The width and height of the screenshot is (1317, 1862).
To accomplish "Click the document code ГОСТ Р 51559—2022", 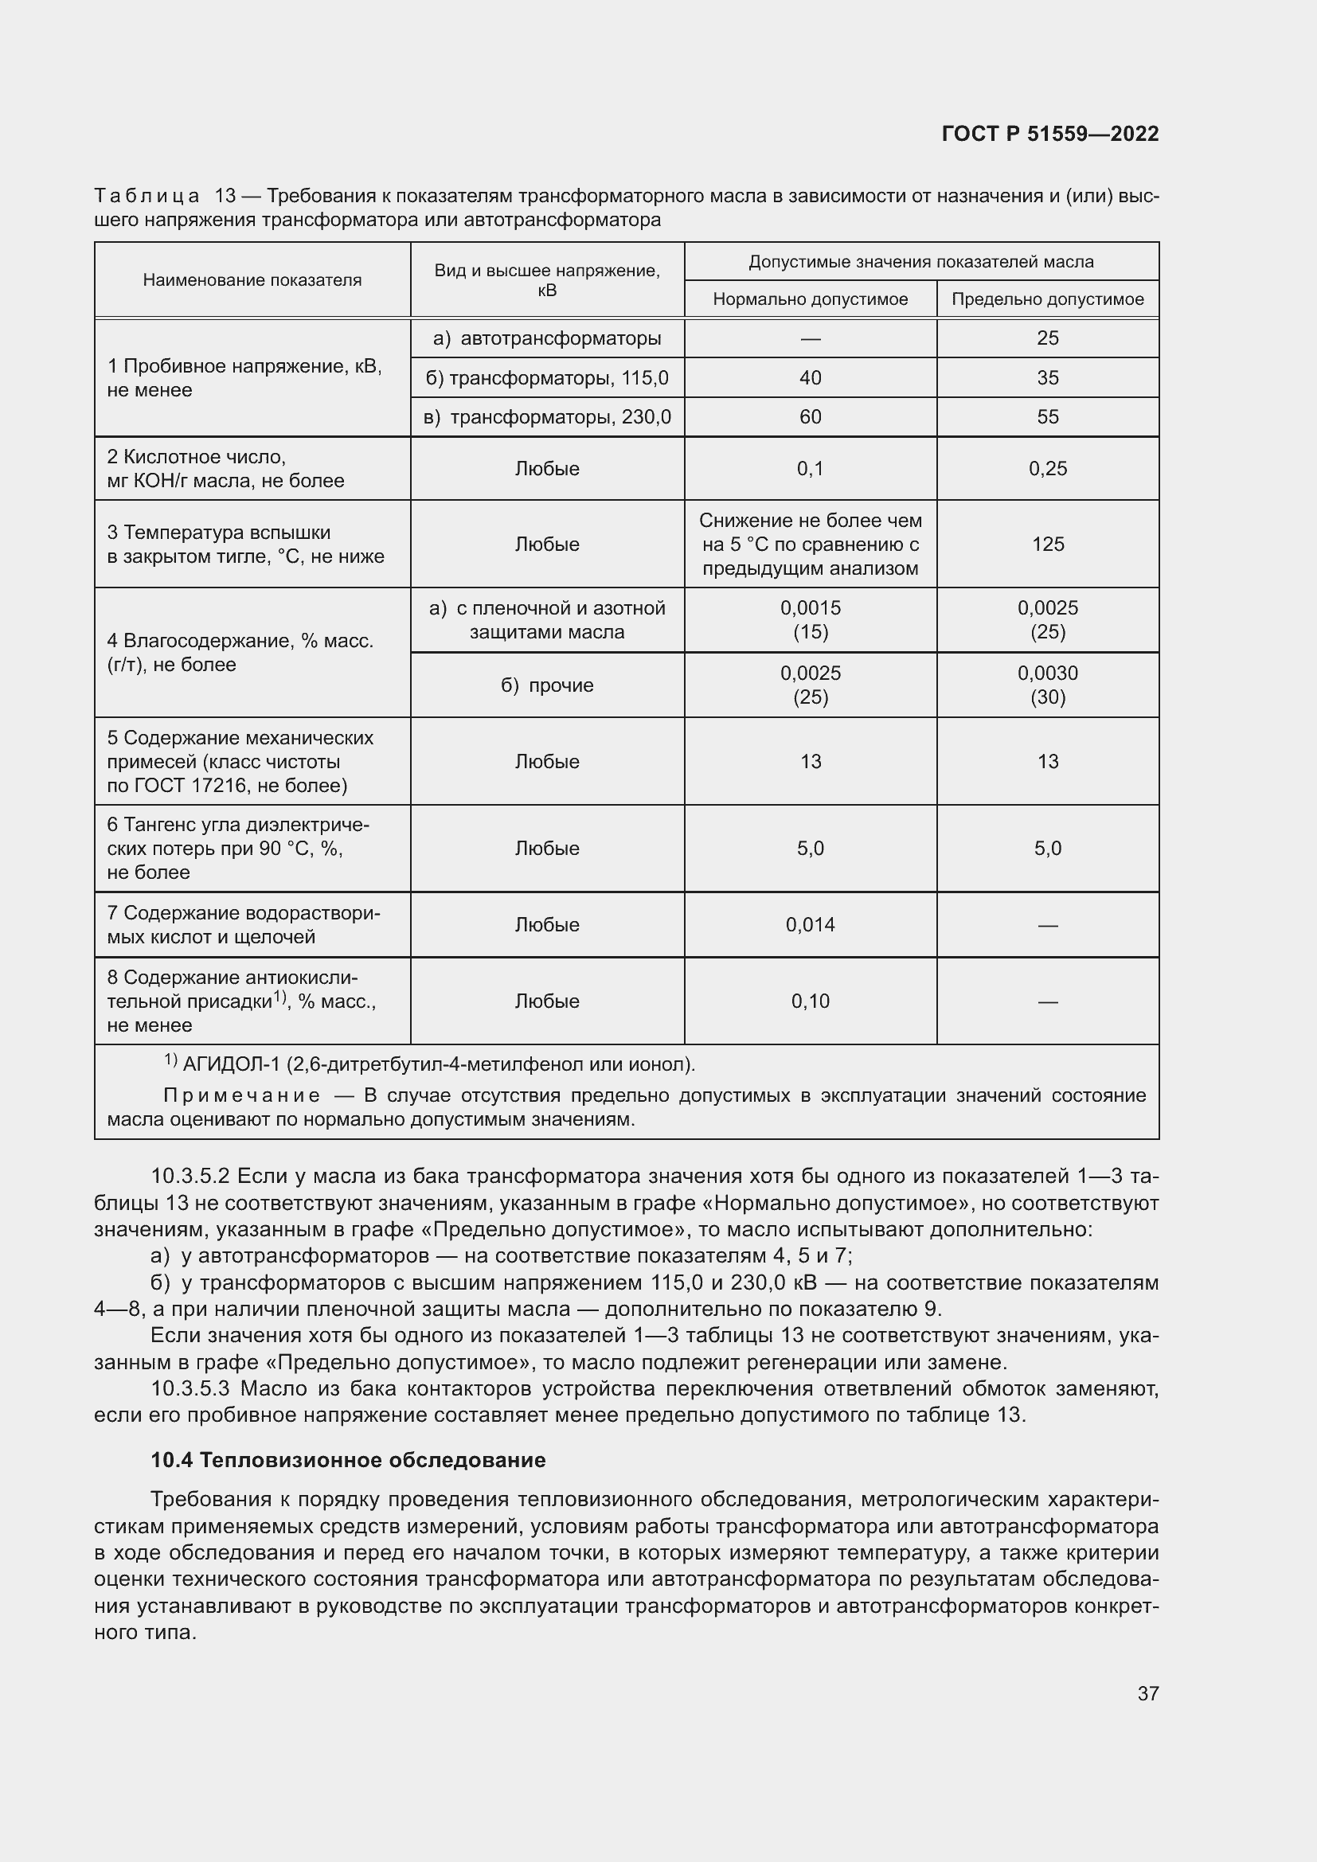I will point(1049,134).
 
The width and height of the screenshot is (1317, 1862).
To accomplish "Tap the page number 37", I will point(1147,1693).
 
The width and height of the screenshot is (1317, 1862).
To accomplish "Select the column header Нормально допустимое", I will point(809,299).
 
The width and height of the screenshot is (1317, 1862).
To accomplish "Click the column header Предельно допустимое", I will point(1047,299).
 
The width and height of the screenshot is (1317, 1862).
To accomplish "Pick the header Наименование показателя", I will point(252,279).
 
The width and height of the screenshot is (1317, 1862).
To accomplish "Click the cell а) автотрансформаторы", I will point(547,338).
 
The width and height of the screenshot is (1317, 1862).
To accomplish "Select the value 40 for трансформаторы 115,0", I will point(809,378).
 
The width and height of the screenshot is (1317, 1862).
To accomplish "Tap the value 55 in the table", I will point(1047,417).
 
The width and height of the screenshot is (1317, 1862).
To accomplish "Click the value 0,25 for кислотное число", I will point(1047,469).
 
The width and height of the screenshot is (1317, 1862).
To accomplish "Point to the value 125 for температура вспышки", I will point(1047,545).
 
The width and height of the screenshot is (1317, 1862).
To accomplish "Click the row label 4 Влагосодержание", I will point(240,653).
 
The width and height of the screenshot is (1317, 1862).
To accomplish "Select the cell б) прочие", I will point(547,685).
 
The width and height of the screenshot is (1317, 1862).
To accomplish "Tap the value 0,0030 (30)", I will point(1047,685).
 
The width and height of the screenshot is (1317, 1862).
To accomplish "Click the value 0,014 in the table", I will point(809,924).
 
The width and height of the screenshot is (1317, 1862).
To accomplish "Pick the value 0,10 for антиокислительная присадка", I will point(809,1001).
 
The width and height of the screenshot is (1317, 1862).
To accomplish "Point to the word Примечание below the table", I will point(242,1095).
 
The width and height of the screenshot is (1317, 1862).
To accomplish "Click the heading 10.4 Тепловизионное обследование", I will point(348,1460).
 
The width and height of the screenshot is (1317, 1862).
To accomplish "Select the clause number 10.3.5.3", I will point(191,1388).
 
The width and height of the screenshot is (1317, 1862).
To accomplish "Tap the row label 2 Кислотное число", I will point(196,458).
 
